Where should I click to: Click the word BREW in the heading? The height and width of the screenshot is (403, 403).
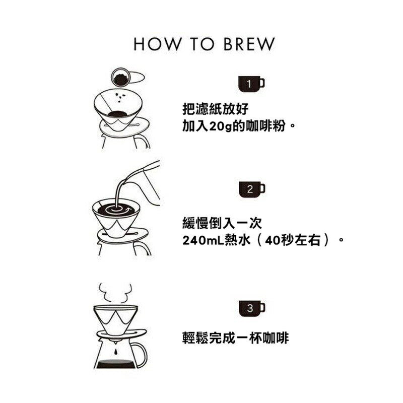[249, 44]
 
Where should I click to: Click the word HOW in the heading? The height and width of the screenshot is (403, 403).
[157, 44]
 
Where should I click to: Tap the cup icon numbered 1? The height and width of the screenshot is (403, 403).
[251, 84]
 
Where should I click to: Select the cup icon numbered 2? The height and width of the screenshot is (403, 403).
[252, 190]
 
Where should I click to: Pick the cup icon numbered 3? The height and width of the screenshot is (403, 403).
[252, 308]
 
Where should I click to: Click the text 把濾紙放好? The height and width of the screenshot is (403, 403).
[216, 109]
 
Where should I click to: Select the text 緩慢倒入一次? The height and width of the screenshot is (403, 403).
[222, 223]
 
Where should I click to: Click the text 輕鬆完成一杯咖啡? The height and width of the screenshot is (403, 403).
[235, 338]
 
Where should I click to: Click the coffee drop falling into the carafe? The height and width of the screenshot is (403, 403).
[115, 352]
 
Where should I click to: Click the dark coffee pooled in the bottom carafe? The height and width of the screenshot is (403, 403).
[116, 364]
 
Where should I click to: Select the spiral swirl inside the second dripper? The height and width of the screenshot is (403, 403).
[116, 209]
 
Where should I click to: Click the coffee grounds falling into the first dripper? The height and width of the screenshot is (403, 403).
[120, 97]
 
